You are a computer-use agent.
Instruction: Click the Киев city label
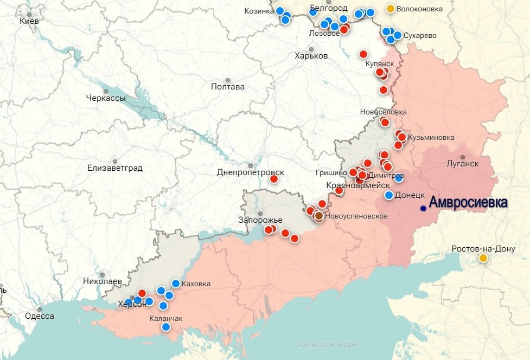[x=29, y=21]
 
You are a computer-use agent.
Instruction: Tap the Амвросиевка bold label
[x=468, y=203]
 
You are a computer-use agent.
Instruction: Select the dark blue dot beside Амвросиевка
[x=423, y=208]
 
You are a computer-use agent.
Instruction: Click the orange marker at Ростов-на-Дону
[x=483, y=258]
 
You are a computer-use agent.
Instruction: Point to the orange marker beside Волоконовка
[x=390, y=9]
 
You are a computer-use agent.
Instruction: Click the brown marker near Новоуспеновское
[x=319, y=216]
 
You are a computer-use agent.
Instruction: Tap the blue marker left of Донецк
[x=388, y=195]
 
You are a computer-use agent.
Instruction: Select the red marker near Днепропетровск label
[x=274, y=179]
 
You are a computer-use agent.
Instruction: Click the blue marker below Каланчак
[x=166, y=327]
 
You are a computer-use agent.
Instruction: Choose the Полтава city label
[x=228, y=87]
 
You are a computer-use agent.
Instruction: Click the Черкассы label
[x=106, y=98]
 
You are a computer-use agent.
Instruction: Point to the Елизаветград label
[x=115, y=168]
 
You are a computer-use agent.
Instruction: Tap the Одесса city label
[x=40, y=316]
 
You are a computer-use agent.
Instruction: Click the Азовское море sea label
[x=327, y=344]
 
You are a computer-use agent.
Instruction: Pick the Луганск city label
[x=462, y=163]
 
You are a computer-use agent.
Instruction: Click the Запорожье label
[x=260, y=220]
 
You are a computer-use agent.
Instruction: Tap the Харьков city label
[x=311, y=56]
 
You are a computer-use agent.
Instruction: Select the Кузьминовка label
[x=431, y=137]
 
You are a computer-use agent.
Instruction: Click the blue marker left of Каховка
[x=176, y=284]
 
